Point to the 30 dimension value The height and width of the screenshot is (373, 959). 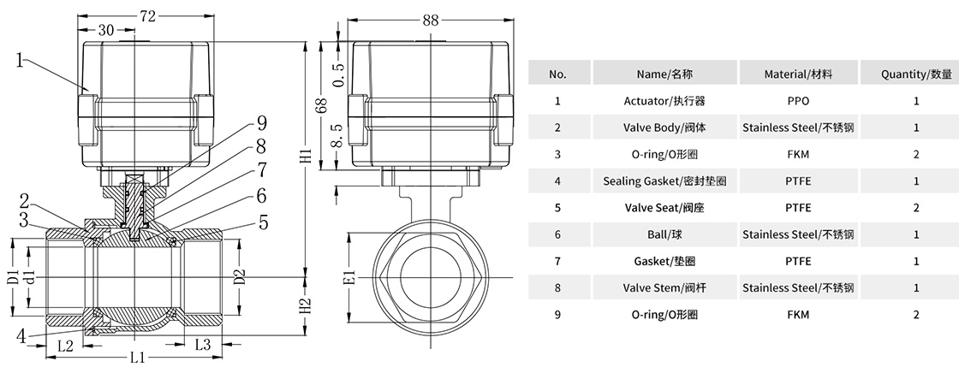tap(106, 29)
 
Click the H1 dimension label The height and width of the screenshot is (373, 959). tap(306, 158)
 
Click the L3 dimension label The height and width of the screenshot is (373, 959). tap(203, 345)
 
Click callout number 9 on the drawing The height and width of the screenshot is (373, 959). tap(238, 122)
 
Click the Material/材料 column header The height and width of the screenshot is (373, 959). tap(798, 74)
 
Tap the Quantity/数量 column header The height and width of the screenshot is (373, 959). tap(916, 74)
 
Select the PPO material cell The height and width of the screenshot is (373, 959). tap(798, 101)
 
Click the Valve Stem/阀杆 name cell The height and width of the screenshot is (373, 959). tap(665, 287)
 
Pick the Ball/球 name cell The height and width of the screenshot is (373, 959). tap(665, 234)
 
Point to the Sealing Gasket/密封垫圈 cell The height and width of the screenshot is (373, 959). tap(665, 181)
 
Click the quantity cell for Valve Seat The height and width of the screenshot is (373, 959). tap(916, 208)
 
